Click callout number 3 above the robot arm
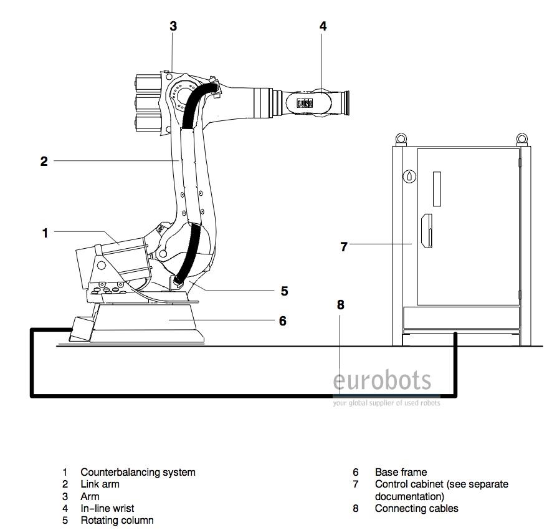point(173,26)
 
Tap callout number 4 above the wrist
point(323,26)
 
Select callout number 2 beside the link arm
point(44,161)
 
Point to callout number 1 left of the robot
point(45,233)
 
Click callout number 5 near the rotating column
point(284,291)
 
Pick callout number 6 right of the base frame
point(282,320)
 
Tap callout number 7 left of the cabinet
point(343,246)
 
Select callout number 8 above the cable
point(340,305)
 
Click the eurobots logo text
point(382,380)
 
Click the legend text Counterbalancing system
point(138,472)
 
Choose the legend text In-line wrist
point(107,508)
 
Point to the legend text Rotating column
point(117,520)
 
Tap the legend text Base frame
point(401,472)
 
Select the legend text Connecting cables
point(416,508)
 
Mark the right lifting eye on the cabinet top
point(521,137)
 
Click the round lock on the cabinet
point(409,176)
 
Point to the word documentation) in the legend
point(409,496)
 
